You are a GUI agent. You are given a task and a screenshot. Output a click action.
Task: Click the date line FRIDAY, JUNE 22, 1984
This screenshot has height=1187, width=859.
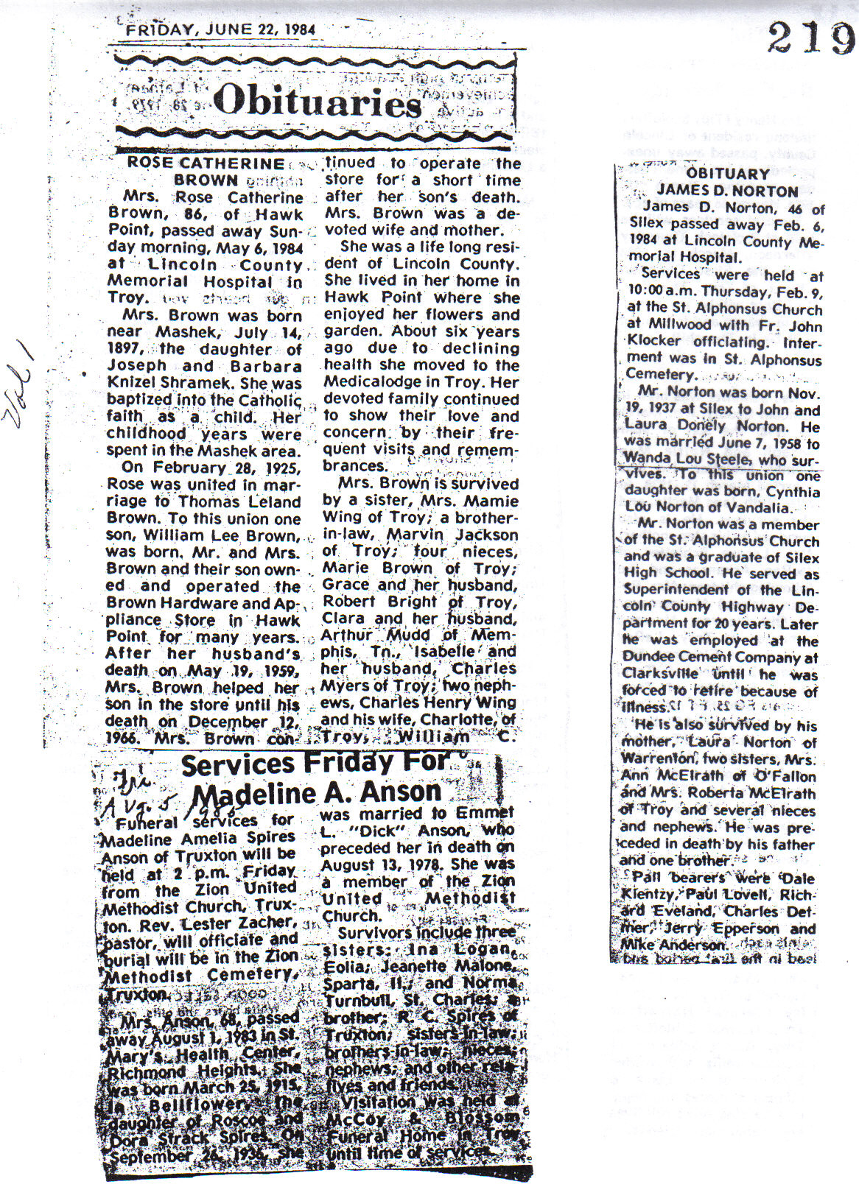(220, 30)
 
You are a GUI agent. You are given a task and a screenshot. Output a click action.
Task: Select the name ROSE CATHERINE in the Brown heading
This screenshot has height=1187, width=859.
(206, 163)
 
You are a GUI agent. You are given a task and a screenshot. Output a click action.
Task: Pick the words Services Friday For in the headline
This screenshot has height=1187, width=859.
(314, 764)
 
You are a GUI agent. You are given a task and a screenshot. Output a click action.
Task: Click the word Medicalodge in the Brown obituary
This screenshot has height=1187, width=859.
(376, 382)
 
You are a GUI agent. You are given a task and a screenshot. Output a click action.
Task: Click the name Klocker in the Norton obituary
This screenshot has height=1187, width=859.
(654, 342)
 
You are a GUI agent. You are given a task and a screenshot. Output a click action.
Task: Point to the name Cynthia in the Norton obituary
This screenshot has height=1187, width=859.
(793, 491)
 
